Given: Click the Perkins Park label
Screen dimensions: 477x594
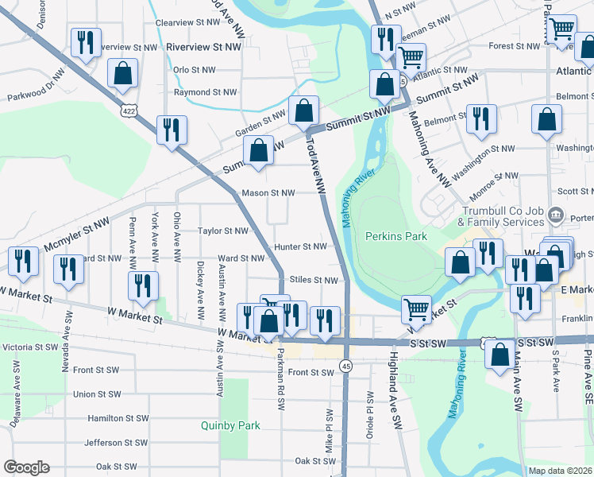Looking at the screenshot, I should point(396,236).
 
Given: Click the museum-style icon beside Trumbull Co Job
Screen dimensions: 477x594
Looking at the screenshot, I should point(556,215).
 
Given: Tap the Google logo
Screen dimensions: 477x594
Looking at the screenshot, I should point(25,467).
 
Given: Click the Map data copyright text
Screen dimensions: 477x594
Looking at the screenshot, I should point(560,471).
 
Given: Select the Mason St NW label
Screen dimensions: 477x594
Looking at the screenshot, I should point(268,192).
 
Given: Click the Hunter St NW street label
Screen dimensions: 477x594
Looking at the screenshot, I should point(300,246).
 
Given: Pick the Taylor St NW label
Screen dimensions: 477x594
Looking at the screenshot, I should point(223,231).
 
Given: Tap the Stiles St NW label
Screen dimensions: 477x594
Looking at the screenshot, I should point(314,280).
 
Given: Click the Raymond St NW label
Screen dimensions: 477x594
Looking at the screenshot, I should point(205,92).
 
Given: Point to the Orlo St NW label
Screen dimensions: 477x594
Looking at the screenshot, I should point(194,70).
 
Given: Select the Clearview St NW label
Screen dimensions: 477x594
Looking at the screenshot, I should point(187,23).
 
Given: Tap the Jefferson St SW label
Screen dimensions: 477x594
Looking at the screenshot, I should point(114,442).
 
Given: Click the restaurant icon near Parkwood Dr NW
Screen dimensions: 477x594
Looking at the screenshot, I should point(86,43).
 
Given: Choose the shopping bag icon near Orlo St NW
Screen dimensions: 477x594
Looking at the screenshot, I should point(123,74).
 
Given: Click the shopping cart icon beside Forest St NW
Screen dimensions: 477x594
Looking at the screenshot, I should point(561,29).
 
